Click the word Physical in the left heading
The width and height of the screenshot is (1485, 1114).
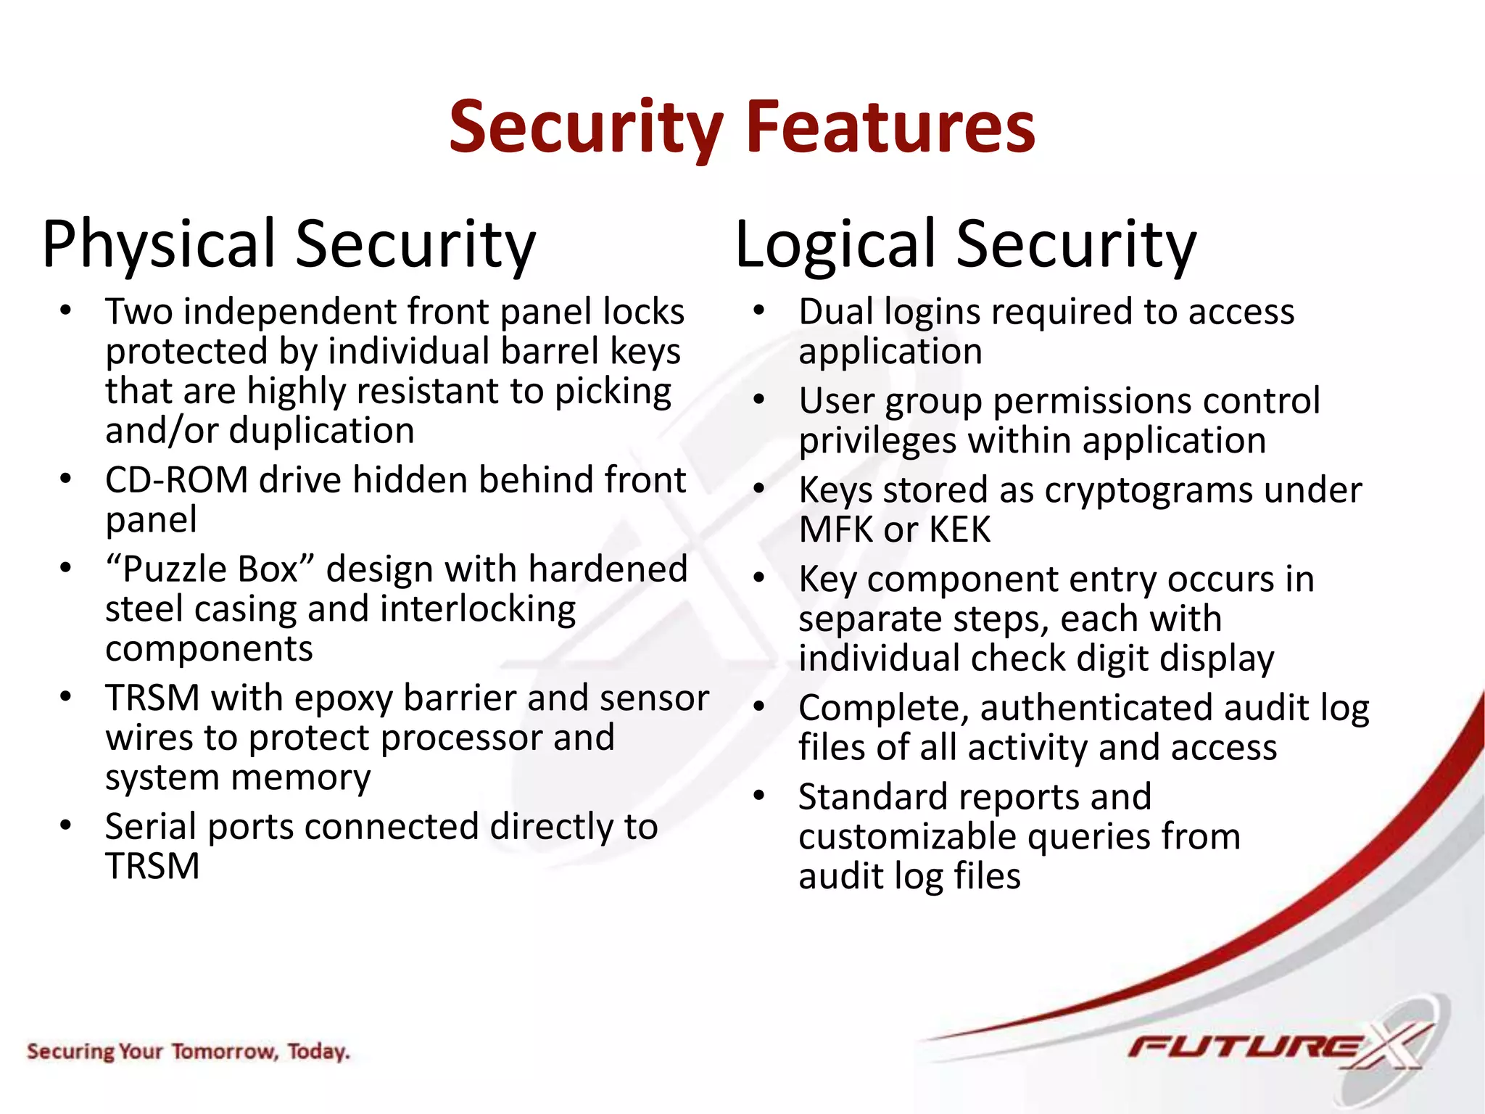160,244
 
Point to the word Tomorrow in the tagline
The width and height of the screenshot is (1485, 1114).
225,1051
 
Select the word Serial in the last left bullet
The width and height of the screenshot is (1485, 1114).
150,827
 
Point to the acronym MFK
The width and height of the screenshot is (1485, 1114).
836,529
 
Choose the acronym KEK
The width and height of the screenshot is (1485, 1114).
959,529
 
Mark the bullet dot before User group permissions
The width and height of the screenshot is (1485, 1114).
759,400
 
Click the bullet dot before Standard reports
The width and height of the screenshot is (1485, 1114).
759,796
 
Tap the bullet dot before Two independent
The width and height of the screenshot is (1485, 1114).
66,310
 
